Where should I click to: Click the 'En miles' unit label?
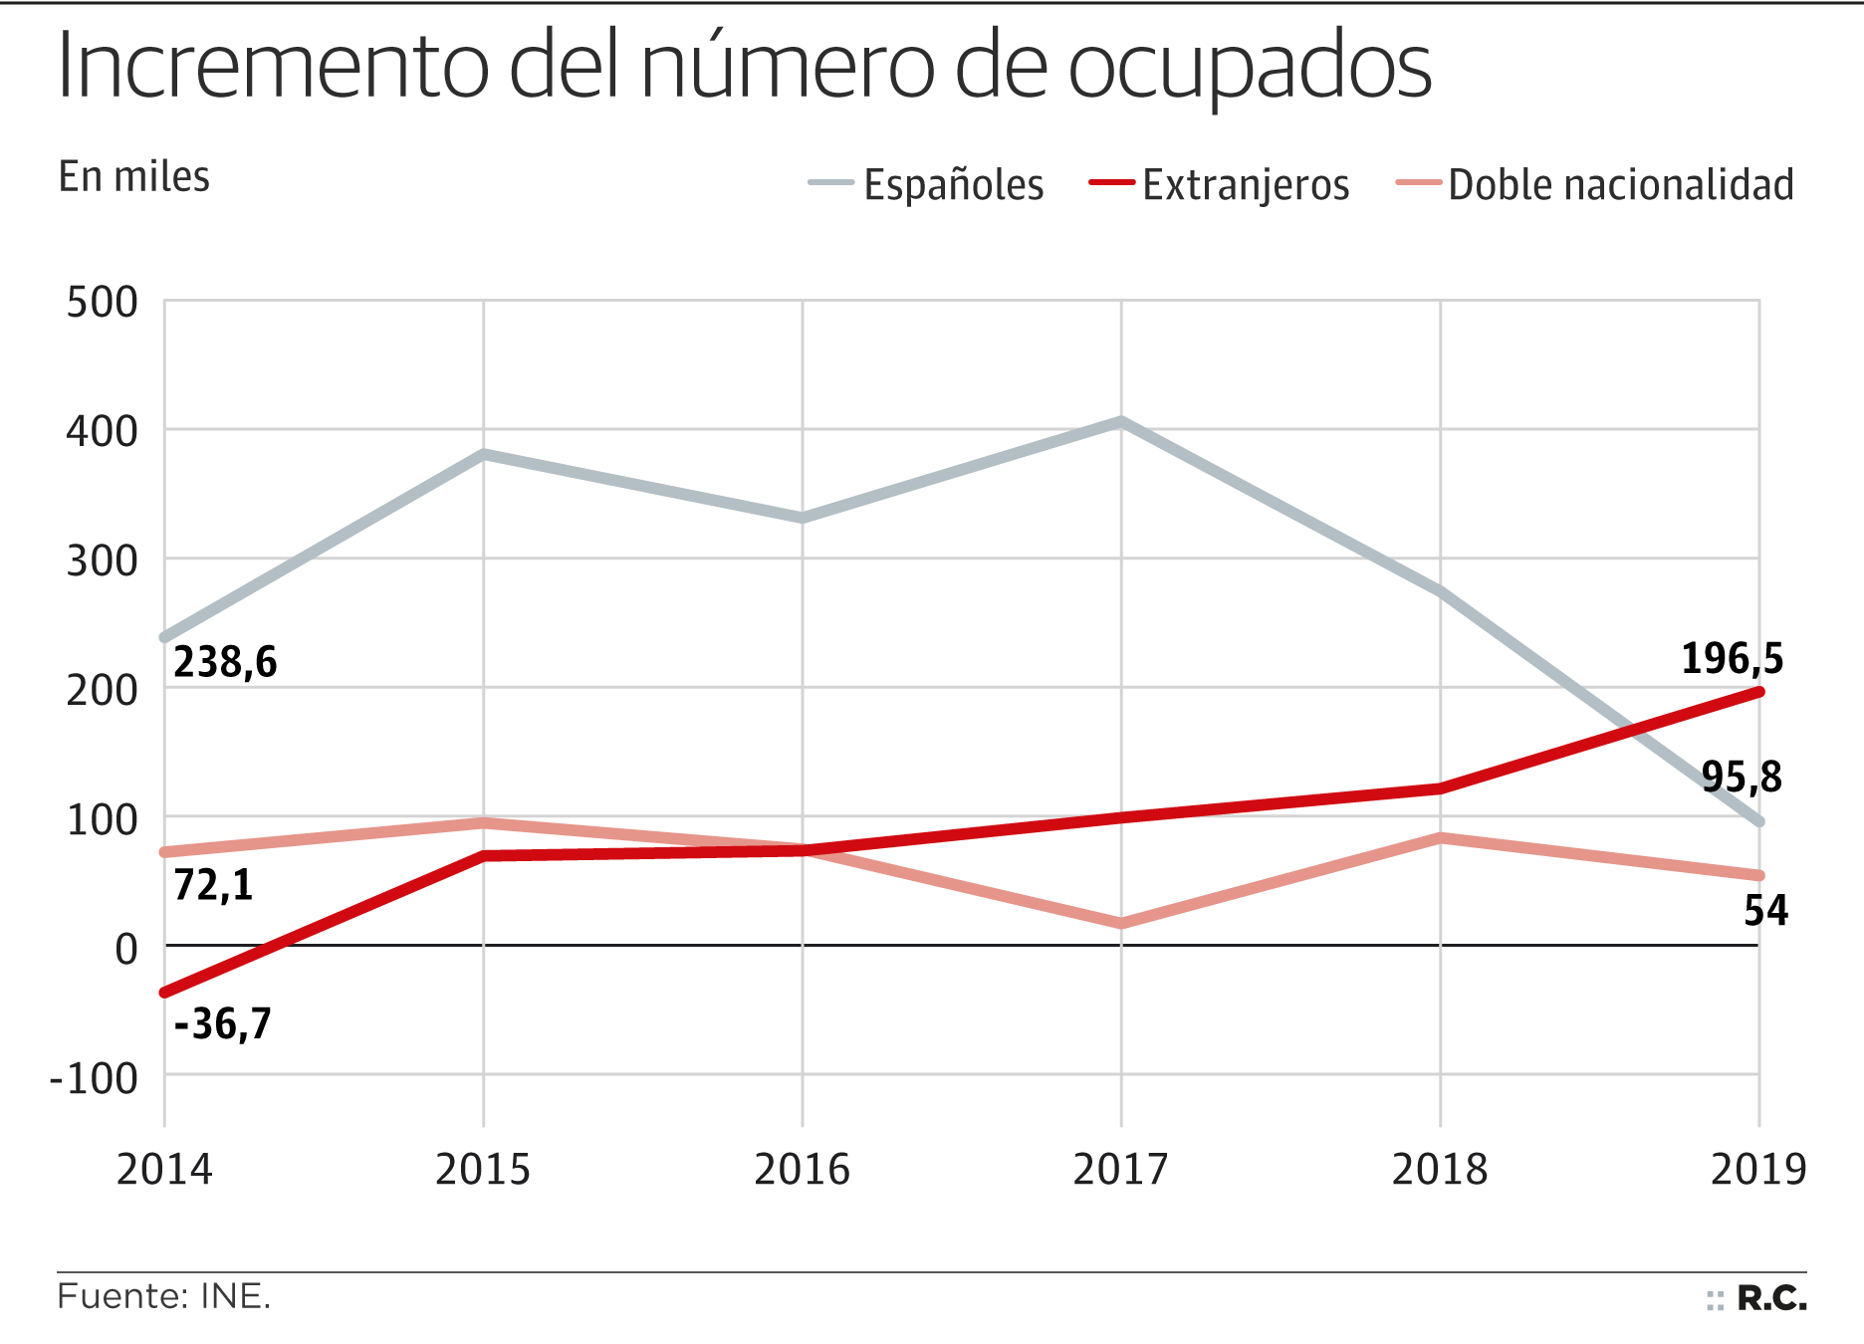[x=134, y=177]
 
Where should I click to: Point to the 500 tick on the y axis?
[x=102, y=303]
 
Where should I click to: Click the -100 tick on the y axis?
[x=95, y=1078]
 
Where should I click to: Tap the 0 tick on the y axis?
[x=126, y=949]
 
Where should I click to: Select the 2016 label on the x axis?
[x=802, y=1169]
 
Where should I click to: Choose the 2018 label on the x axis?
[x=1439, y=1169]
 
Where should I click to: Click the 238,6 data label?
[x=225, y=662]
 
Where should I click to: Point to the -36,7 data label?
[x=222, y=1023]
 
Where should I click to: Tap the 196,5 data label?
[x=1732, y=659]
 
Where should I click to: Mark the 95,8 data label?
[x=1741, y=777]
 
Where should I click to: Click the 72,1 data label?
[x=213, y=884]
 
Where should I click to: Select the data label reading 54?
[x=1765, y=911]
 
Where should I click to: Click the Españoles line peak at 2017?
[x=1121, y=422]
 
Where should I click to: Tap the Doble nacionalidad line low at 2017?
[x=1121, y=923]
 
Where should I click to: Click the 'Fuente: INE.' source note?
[x=164, y=1297]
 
